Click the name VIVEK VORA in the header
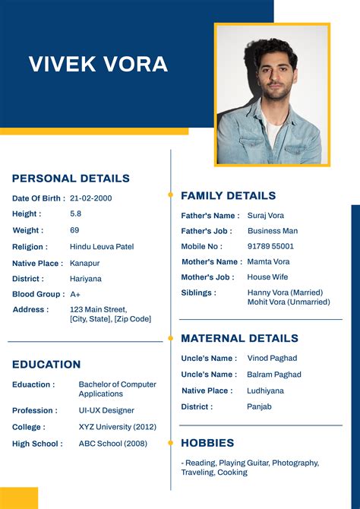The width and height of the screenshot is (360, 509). click(98, 64)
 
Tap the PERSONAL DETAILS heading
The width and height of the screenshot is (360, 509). click(71, 179)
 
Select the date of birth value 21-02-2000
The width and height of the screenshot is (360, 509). click(90, 198)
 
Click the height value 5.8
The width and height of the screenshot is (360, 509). click(75, 214)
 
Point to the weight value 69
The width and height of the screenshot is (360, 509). click(74, 230)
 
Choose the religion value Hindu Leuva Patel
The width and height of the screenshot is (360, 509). click(102, 247)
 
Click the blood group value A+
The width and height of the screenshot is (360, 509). click(75, 294)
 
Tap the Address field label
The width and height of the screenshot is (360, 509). click(30, 310)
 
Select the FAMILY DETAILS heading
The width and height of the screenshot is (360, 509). click(228, 195)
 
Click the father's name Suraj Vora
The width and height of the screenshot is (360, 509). click(266, 216)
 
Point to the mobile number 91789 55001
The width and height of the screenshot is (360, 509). click(270, 246)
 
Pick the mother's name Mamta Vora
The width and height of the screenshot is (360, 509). click(268, 261)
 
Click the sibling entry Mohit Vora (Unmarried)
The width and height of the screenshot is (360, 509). click(289, 302)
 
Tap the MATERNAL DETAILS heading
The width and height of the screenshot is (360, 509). click(239, 338)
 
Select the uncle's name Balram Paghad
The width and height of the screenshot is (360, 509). click(274, 375)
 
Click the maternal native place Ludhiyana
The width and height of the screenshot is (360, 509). click(265, 390)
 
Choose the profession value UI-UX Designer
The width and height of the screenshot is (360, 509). click(106, 410)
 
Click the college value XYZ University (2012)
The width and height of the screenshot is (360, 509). click(117, 427)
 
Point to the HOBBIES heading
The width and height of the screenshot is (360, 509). click(207, 443)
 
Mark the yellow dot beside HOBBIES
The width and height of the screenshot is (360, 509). click(171, 443)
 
